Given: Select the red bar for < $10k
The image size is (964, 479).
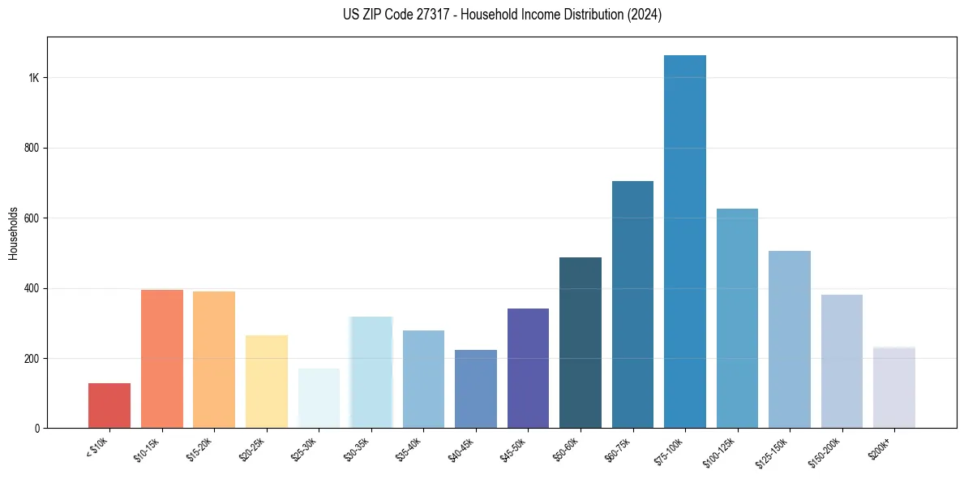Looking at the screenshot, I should click(x=109, y=406).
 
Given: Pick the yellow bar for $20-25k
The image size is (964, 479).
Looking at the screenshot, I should click(x=267, y=382).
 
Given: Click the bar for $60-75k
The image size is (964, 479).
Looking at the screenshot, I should click(x=632, y=304).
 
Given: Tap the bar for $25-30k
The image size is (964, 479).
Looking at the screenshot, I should click(x=319, y=398).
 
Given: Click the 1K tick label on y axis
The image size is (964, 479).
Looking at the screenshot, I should click(x=34, y=78).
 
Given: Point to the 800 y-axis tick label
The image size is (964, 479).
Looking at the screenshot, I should click(x=32, y=149).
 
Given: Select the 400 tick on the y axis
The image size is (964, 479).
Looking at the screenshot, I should click(x=32, y=288).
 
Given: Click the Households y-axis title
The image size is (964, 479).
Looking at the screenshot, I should click(x=14, y=233).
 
